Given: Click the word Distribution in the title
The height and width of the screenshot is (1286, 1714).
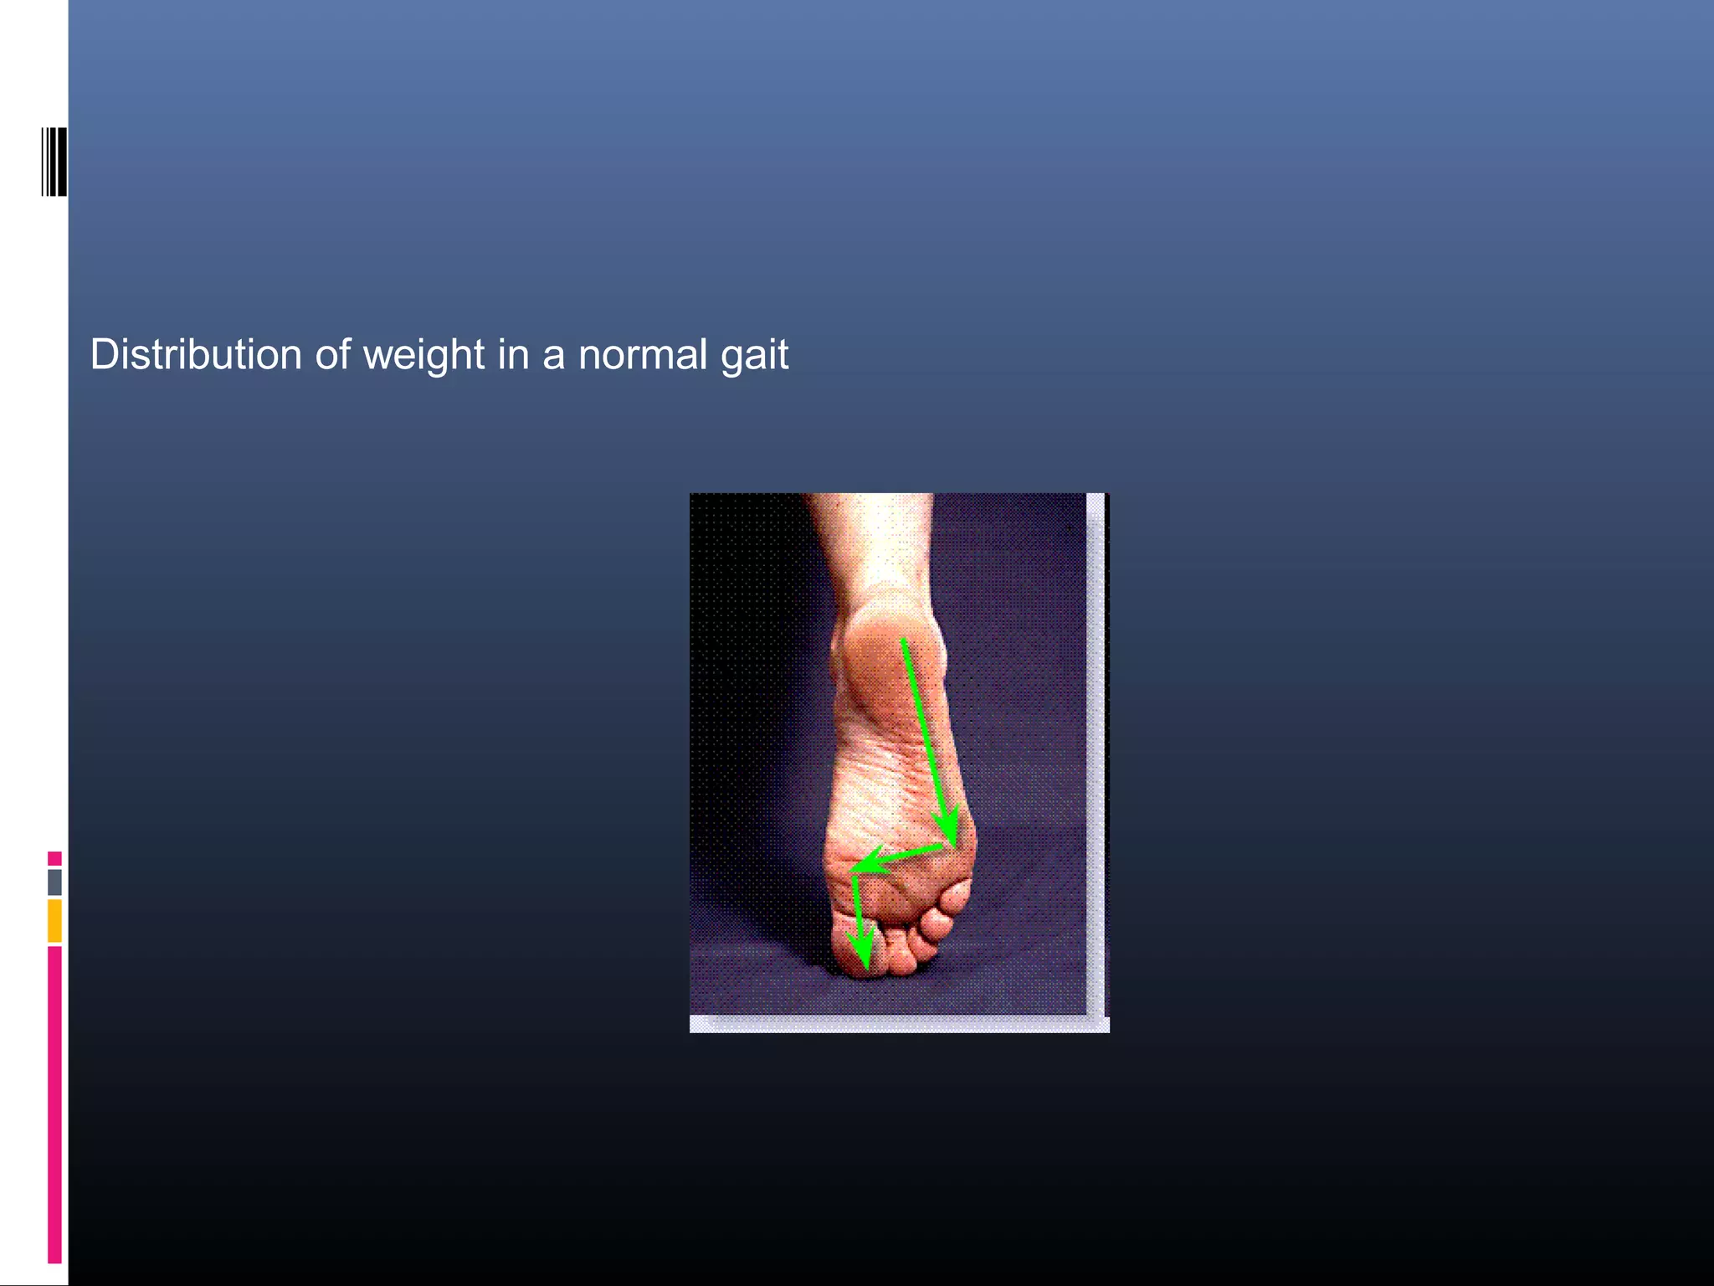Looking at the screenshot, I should click(196, 355).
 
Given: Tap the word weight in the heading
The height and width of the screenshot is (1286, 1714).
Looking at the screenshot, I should click(423, 355).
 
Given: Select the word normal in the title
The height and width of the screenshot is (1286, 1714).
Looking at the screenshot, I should click(643, 355).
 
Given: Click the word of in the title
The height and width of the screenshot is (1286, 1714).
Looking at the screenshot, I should click(332, 355).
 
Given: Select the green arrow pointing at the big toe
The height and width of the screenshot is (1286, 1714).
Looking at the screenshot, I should click(859, 929).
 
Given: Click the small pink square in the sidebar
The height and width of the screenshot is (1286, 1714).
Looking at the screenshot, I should click(54, 858).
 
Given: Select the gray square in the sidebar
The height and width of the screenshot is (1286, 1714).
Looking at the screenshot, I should click(54, 882).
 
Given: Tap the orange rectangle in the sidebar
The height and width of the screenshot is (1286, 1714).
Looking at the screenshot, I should click(54, 920).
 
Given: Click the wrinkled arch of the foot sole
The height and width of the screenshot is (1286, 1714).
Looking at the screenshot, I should click(879, 779).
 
